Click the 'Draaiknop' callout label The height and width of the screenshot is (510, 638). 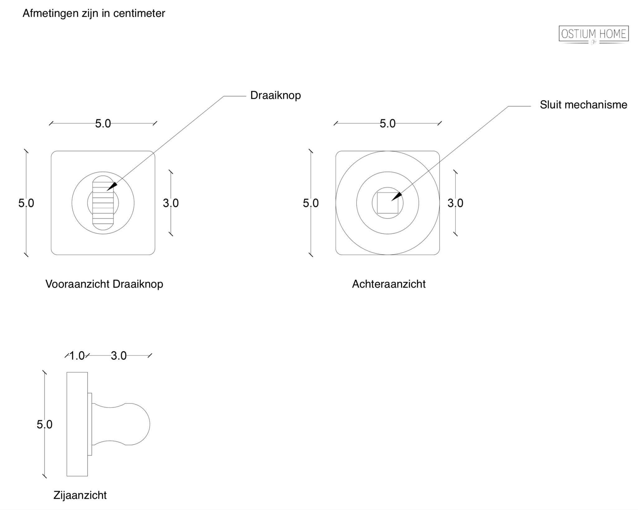275,95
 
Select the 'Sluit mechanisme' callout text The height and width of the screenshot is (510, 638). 583,105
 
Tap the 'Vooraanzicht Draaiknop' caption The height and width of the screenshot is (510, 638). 104,284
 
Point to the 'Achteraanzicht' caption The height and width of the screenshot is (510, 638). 389,284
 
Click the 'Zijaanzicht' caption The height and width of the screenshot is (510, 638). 80,495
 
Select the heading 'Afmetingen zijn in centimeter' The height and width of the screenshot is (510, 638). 94,13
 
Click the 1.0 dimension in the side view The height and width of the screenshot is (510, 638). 77,355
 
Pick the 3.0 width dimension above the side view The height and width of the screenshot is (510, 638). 119,355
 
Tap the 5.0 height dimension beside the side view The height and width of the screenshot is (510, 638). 45,424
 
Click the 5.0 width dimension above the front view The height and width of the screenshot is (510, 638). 103,124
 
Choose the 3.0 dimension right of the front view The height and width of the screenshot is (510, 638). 171,203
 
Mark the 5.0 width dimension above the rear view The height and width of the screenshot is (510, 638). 388,124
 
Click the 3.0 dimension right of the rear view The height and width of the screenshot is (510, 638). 455,203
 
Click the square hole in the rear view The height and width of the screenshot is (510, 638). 388,203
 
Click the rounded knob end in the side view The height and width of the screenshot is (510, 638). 137,424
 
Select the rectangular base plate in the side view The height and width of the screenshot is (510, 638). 77,424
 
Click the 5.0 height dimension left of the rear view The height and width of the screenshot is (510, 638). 311,203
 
